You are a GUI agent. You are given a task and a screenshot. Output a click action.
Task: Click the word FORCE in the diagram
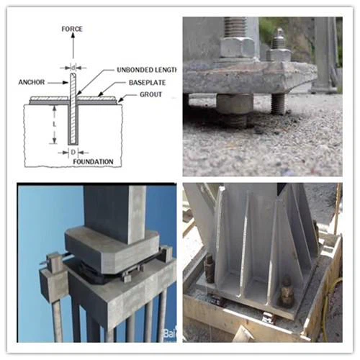pyautogui.click(x=73, y=29)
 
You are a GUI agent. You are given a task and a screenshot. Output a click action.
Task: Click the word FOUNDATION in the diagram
pyautogui.click(x=93, y=162)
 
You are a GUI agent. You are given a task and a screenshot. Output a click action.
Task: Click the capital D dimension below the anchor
pyautogui.click(x=72, y=153)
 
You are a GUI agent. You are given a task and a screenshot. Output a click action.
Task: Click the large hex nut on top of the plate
pyautogui.click(x=237, y=46)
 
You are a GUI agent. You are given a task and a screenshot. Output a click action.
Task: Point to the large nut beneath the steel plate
pyautogui.click(x=234, y=106)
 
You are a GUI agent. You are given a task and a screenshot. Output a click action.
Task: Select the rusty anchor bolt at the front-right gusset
pyautogui.click(x=286, y=292)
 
